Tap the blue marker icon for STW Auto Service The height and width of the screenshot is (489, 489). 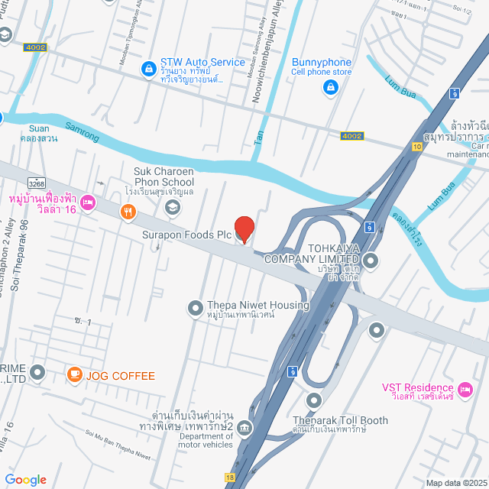(147, 70)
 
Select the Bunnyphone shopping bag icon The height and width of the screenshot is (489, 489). (330, 88)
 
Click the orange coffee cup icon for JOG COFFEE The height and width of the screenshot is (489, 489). (74, 374)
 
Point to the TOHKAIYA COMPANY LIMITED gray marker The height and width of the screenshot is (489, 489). (371, 262)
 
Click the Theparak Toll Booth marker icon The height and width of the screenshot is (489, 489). (314, 400)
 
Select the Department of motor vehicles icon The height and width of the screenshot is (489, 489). (244, 427)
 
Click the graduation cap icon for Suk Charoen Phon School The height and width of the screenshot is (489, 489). (173, 207)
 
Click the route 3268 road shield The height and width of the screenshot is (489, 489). (37, 184)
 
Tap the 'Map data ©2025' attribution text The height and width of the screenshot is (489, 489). (455, 482)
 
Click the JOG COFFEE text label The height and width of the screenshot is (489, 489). (121, 376)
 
